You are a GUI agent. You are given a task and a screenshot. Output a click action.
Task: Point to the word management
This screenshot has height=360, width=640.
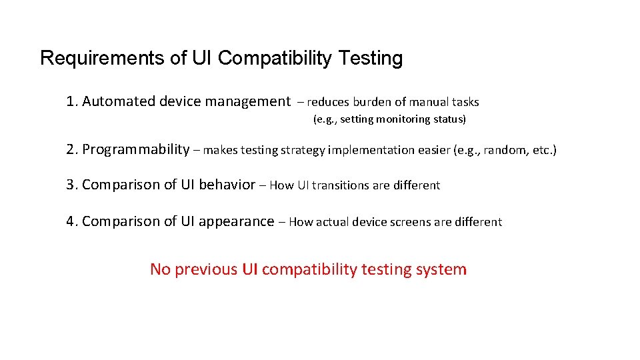(247, 101)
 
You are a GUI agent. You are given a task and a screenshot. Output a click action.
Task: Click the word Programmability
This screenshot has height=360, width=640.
(136, 149)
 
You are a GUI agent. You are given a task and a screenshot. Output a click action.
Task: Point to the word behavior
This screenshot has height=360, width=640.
(227, 185)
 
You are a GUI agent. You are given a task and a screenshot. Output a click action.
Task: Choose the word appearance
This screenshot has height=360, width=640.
(237, 221)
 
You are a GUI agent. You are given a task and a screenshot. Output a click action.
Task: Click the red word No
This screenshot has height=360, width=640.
(161, 269)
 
